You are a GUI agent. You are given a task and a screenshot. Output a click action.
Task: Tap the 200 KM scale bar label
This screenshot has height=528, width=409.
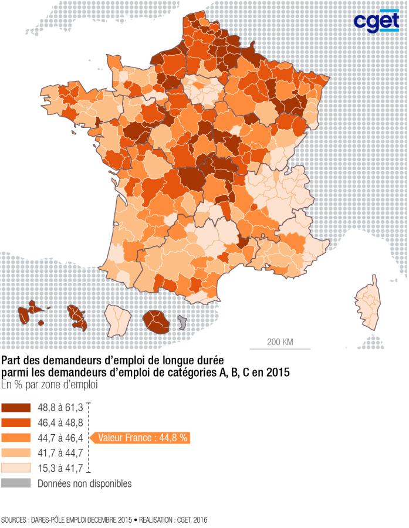click(280, 342)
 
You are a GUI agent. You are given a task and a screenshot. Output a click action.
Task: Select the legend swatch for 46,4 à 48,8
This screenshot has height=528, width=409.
click(16, 422)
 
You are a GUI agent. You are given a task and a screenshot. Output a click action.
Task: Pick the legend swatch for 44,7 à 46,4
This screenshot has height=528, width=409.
click(16, 438)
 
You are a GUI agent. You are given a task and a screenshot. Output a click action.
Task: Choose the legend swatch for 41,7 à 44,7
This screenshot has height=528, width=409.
click(16, 453)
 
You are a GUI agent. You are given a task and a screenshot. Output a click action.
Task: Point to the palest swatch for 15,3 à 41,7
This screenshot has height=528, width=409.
click(16, 468)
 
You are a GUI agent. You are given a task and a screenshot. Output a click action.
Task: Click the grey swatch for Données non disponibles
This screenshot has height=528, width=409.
click(16, 483)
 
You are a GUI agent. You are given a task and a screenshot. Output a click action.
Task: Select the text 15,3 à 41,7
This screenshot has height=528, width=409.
click(59, 468)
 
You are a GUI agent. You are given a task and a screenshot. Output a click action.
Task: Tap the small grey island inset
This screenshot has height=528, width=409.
click(182, 322)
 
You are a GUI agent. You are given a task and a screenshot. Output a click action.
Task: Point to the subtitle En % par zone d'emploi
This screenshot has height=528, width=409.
click(49, 385)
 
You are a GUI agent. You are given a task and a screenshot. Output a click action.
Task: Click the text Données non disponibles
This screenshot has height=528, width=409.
click(84, 483)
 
